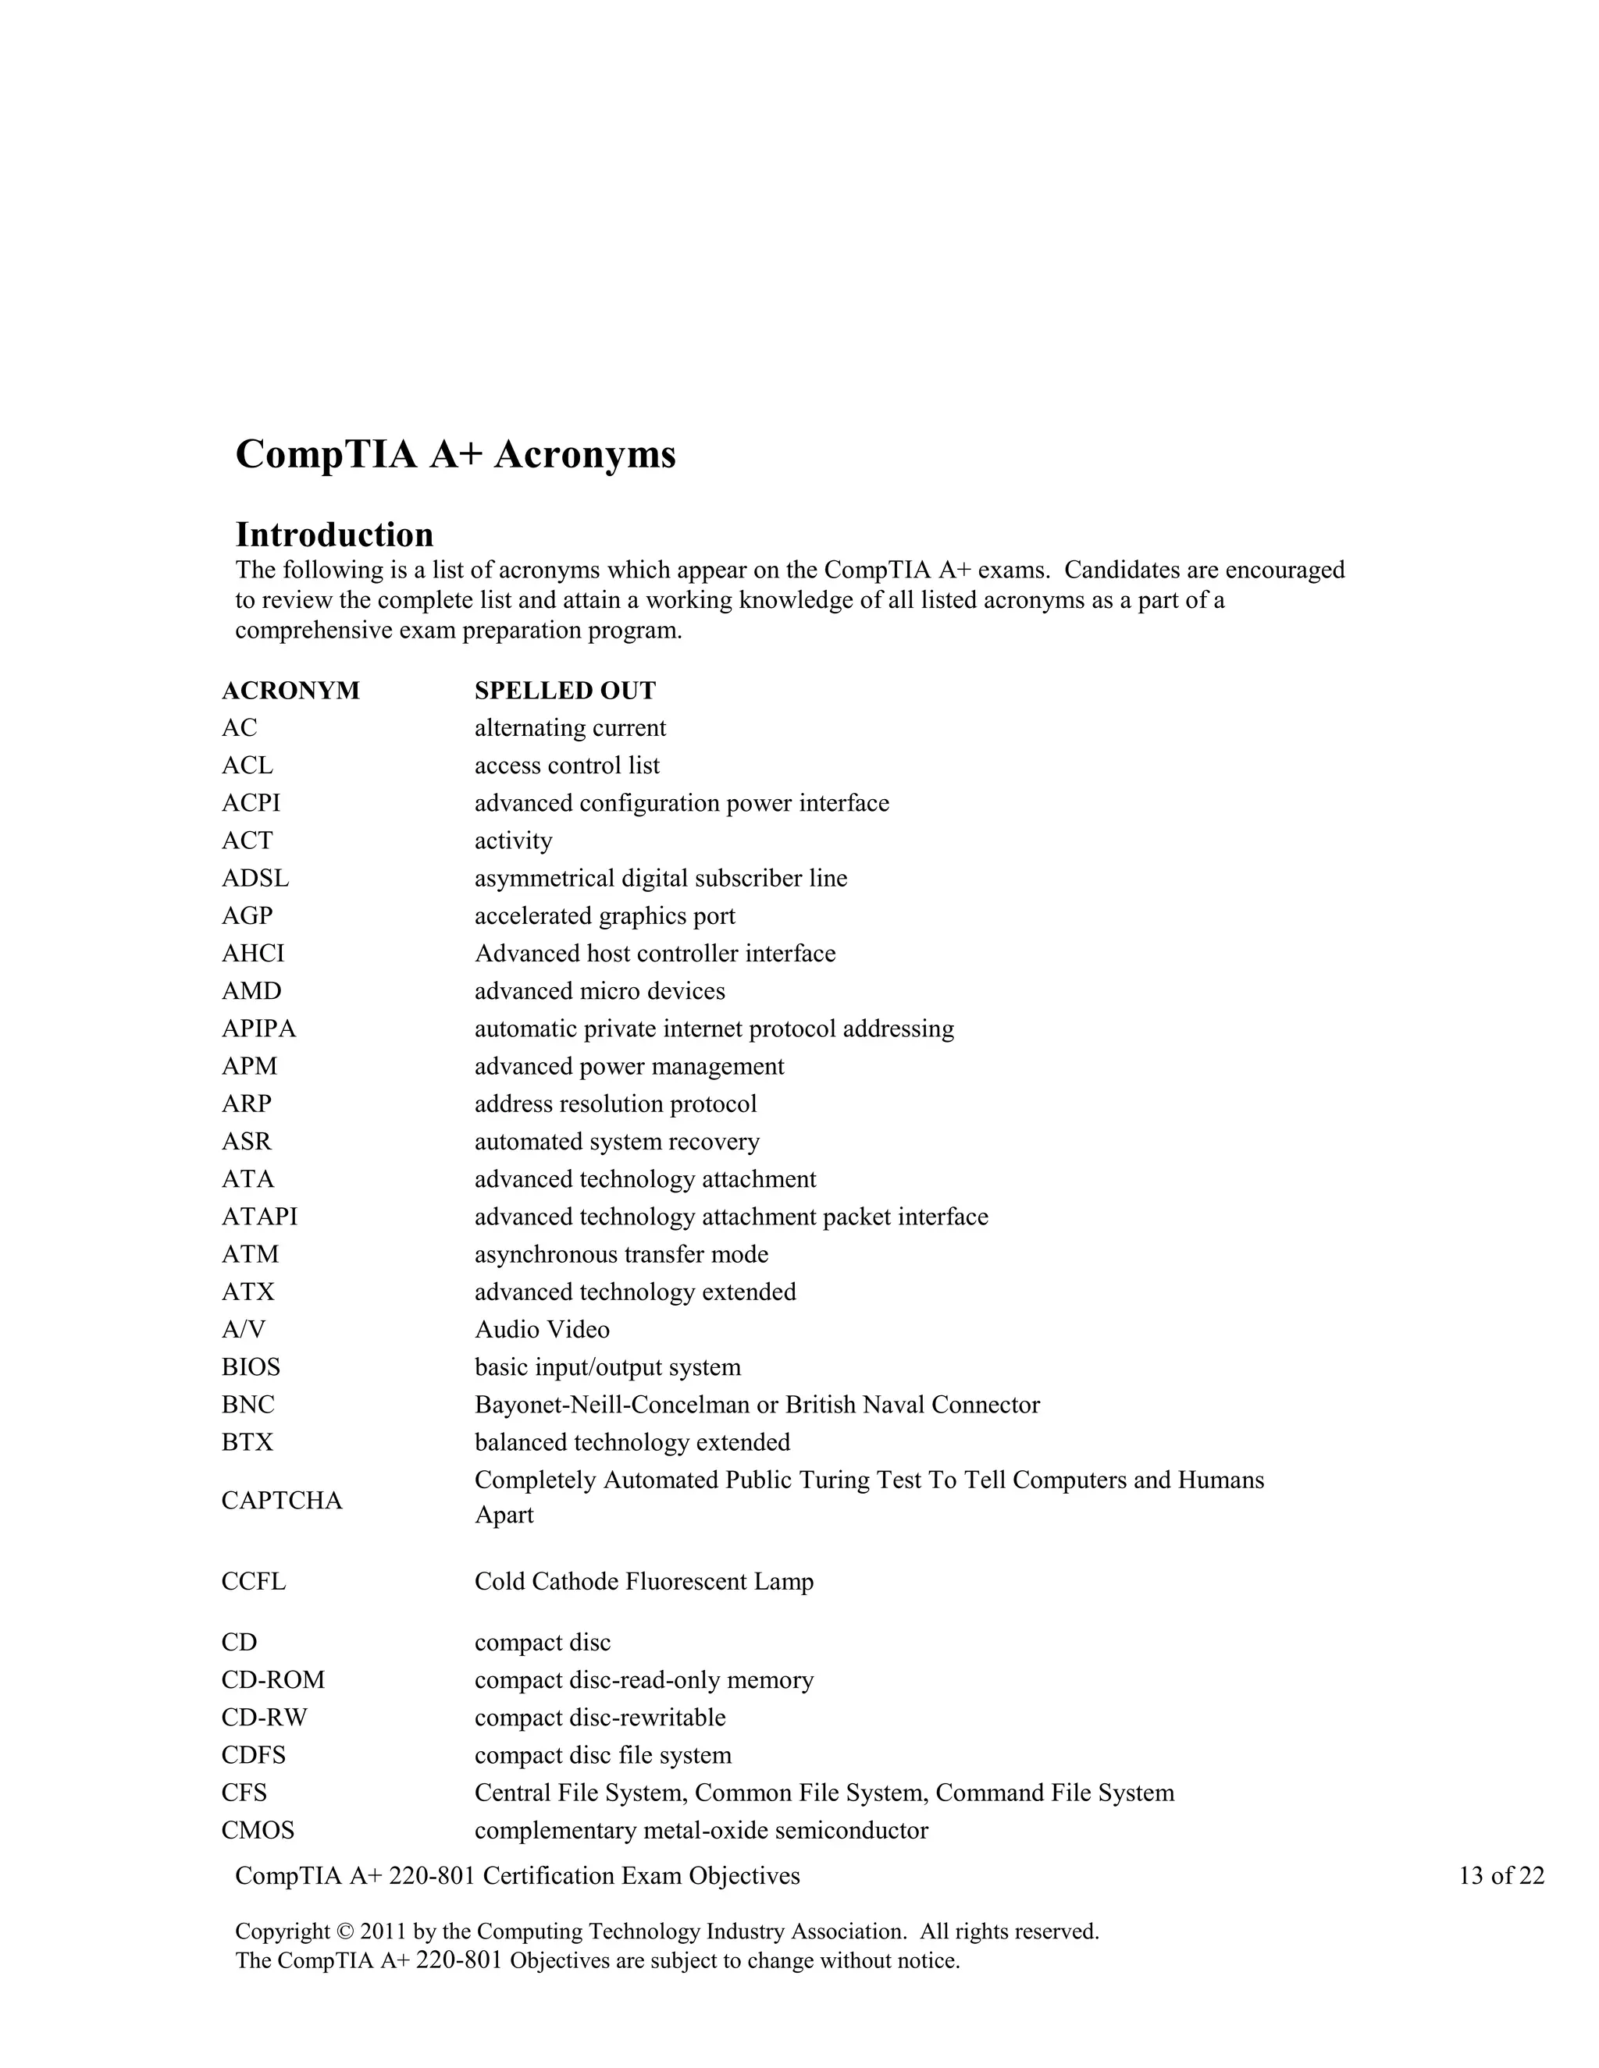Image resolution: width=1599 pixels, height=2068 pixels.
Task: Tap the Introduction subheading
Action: (x=333, y=535)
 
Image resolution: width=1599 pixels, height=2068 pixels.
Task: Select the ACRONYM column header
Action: (x=290, y=691)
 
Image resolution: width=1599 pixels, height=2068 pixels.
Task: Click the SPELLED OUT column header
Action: (x=564, y=691)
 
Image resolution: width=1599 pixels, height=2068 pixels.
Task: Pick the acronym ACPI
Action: (x=251, y=803)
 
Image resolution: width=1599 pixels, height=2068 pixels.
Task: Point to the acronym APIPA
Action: (x=258, y=1029)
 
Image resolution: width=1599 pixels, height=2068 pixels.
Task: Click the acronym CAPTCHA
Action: (x=281, y=1501)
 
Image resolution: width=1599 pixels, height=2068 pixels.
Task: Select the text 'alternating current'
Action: (x=569, y=728)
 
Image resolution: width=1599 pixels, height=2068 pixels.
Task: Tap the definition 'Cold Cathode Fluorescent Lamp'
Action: (x=643, y=1581)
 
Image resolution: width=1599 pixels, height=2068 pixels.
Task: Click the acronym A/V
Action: (x=244, y=1330)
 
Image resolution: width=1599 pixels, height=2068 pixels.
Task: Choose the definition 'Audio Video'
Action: (x=542, y=1330)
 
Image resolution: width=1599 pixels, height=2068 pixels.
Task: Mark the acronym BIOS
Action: (x=251, y=1367)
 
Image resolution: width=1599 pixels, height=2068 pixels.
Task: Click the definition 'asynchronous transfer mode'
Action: (x=621, y=1255)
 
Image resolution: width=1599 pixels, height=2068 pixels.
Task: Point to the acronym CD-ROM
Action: (x=272, y=1680)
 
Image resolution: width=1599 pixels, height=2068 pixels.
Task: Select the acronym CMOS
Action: (x=258, y=1830)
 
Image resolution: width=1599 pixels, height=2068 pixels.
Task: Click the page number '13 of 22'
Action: (x=1501, y=1876)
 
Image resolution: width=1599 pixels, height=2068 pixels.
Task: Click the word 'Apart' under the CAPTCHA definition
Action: (x=504, y=1515)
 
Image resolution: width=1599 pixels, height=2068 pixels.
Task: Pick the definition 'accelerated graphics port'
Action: (x=604, y=915)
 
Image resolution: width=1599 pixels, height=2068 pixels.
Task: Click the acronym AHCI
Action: (x=253, y=954)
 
